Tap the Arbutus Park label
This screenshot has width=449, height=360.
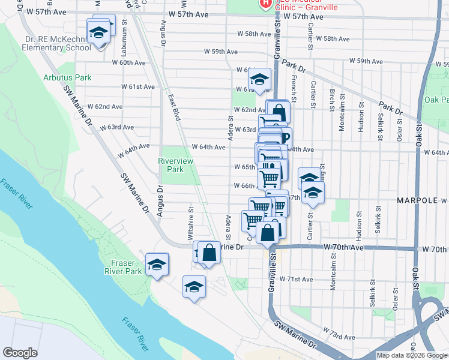pos(67,77)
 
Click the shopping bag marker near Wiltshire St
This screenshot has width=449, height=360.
pos(209,252)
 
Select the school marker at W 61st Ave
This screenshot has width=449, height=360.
pos(260,79)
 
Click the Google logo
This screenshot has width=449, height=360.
pos(20,353)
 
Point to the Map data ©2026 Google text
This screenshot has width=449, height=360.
pos(411,355)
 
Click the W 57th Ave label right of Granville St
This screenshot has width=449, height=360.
pos(304,17)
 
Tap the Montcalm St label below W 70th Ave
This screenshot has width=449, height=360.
pos(333,278)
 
